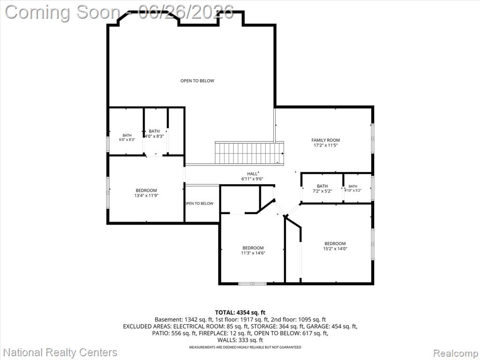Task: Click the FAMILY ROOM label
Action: click(x=325, y=140)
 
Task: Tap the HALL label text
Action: click(x=252, y=174)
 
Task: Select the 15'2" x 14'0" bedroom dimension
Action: click(x=335, y=248)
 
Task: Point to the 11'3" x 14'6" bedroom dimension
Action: click(x=253, y=253)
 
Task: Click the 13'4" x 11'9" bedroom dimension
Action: click(x=146, y=195)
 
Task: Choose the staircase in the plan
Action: click(x=249, y=153)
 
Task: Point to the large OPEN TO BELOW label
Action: click(x=197, y=81)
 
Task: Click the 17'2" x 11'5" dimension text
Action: click(x=325, y=145)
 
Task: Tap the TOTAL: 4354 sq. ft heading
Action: click(x=240, y=313)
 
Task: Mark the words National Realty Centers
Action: click(x=60, y=352)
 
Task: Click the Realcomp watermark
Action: click(x=455, y=353)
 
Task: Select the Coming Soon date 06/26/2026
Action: click(x=186, y=12)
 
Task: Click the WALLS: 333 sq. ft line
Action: click(x=240, y=340)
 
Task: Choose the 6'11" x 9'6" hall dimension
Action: click(x=252, y=179)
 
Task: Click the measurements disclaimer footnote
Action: click(x=245, y=347)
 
